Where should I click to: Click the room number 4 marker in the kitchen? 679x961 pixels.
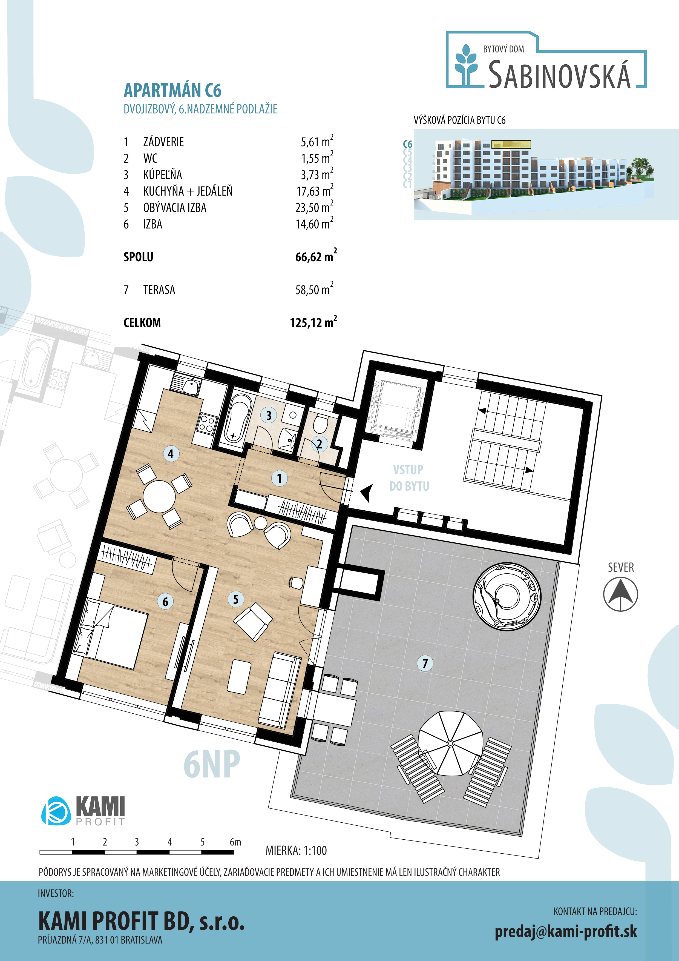pyautogui.click(x=171, y=454)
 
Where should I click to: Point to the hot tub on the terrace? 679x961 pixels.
pyautogui.click(x=507, y=595)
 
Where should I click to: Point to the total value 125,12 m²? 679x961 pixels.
pyautogui.click(x=313, y=322)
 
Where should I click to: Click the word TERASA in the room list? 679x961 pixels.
pyautogui.click(x=159, y=290)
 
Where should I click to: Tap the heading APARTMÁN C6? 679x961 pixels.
pyautogui.click(x=172, y=90)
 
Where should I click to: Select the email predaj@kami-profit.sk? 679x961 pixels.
pyautogui.click(x=566, y=931)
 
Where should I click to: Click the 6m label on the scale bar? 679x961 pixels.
pyautogui.click(x=235, y=842)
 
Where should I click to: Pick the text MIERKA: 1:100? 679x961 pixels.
pyautogui.click(x=296, y=850)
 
